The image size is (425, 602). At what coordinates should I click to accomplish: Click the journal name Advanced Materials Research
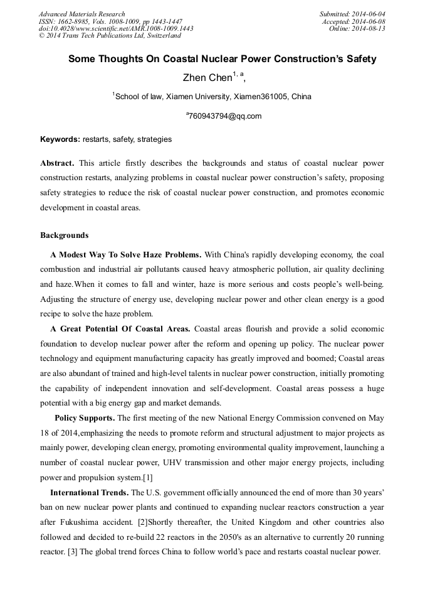(81, 14)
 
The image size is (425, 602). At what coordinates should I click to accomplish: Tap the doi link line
(115, 28)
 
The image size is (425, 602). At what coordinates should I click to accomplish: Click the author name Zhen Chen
(207, 78)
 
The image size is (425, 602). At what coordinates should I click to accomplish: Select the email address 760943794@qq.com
(224, 116)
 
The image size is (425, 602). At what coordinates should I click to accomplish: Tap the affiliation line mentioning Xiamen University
(212, 97)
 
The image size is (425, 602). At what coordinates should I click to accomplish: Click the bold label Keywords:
(60, 139)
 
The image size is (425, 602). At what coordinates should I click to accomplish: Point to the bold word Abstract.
(57, 163)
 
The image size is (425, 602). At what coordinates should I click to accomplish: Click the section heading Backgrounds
(65, 235)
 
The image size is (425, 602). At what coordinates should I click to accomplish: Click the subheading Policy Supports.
(85, 418)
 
